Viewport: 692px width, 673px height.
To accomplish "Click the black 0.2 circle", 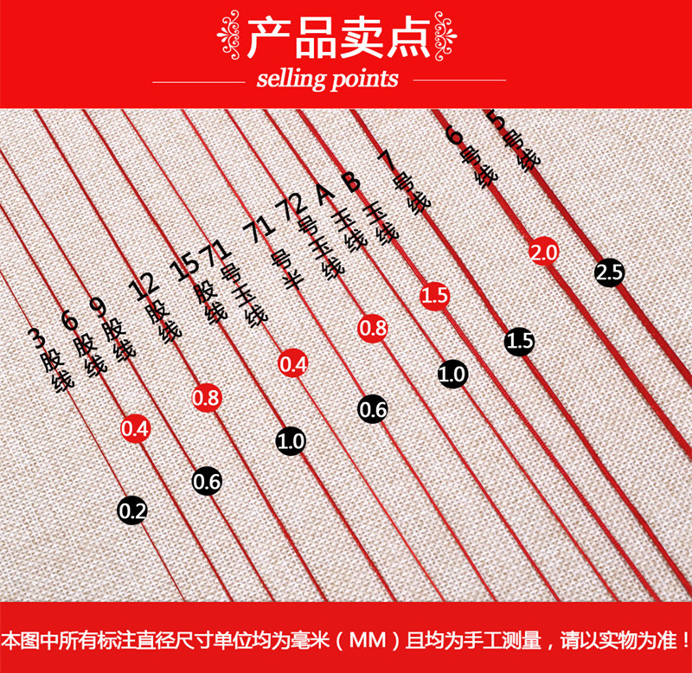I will point(132,510).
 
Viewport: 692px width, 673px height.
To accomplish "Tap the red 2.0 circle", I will point(545,252).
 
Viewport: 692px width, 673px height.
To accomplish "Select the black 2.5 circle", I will point(609,273).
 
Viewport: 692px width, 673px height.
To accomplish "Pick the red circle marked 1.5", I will point(435,296).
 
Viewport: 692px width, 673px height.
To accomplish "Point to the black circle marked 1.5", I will point(519,341).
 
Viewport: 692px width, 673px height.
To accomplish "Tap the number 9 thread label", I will point(98,306).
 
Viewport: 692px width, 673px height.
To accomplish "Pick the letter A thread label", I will point(323,196).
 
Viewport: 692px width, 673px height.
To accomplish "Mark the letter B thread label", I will point(349,183).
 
